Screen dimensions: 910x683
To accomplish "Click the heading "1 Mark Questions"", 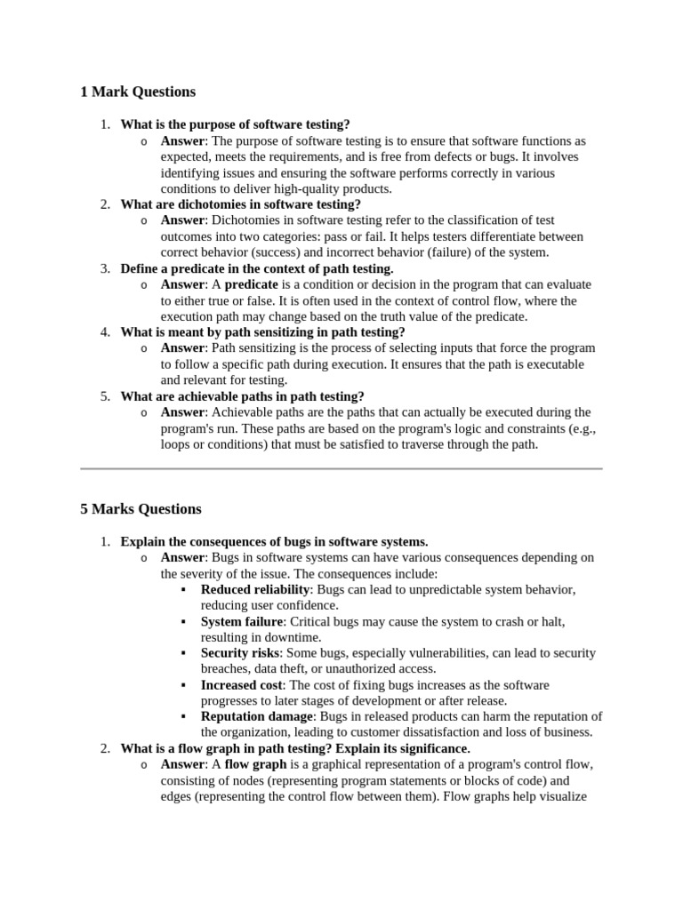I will [x=138, y=92].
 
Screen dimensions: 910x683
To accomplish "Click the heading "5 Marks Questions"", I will [x=141, y=509].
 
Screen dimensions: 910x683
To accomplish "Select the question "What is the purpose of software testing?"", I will [x=235, y=124].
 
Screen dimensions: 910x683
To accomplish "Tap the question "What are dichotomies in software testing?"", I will [x=240, y=204].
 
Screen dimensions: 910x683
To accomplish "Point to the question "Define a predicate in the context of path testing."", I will [x=256, y=268].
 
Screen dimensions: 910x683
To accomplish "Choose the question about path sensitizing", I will [x=262, y=332].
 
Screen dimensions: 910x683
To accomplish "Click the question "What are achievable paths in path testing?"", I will [x=242, y=396].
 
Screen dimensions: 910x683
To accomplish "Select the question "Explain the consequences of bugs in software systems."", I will [x=274, y=541].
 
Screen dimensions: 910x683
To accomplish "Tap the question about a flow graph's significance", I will [x=295, y=749].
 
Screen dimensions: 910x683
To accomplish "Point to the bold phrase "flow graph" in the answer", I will [x=255, y=765].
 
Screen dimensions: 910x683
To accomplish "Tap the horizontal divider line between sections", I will [x=341, y=467].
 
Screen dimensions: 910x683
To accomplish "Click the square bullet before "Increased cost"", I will [x=183, y=685].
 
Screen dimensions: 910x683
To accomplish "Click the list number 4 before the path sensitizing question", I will [x=104, y=332].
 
